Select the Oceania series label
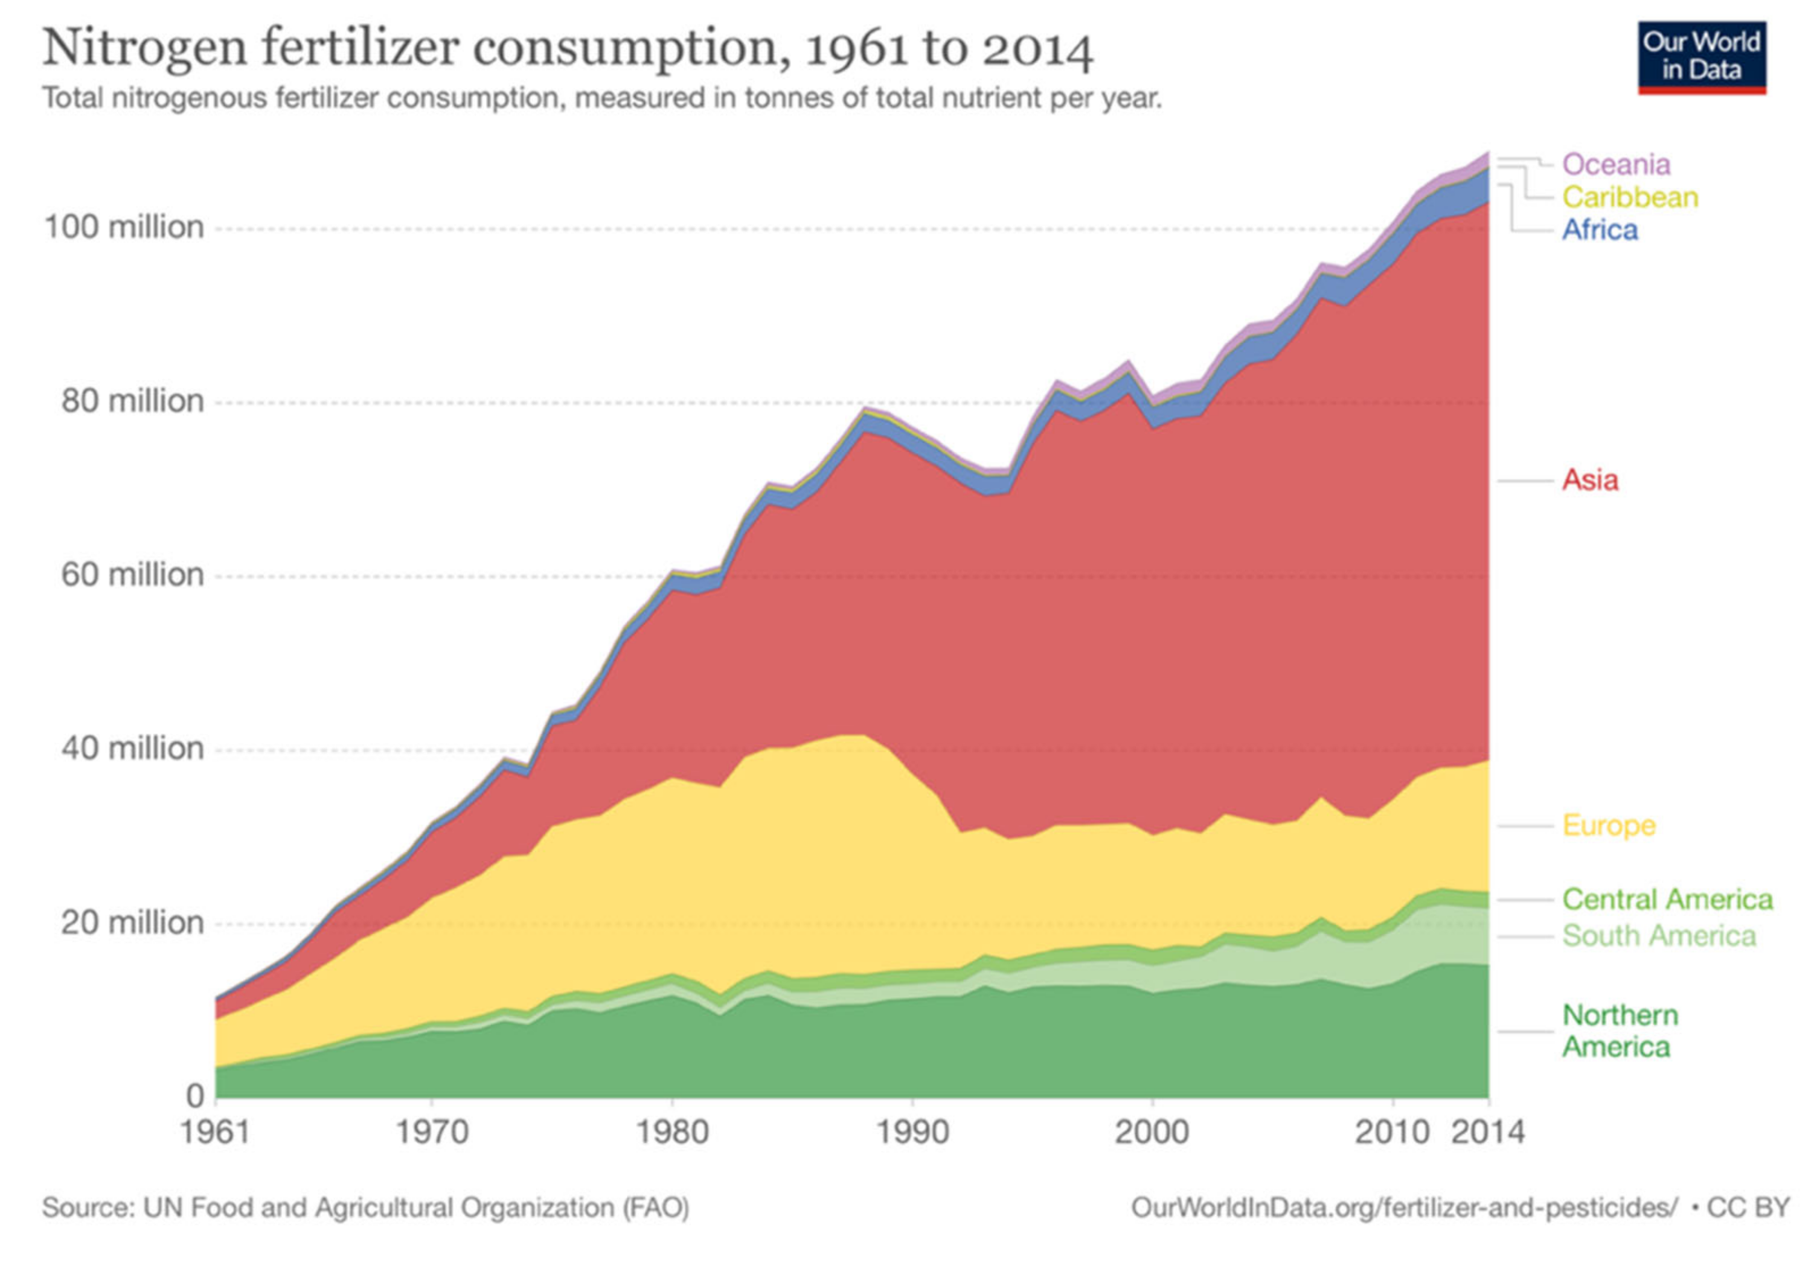1616,164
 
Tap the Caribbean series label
1629,197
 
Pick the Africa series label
1599,230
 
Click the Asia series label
1589,479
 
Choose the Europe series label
1608,825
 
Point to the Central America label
1667,899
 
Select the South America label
1658,935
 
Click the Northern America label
1619,1031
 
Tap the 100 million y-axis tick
124,228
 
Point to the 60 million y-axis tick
132,574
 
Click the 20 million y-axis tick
132,922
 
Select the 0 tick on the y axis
195,1096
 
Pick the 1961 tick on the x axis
215,1133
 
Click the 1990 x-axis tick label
912,1133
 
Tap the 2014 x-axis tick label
1488,1133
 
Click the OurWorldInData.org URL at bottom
1402,1207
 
